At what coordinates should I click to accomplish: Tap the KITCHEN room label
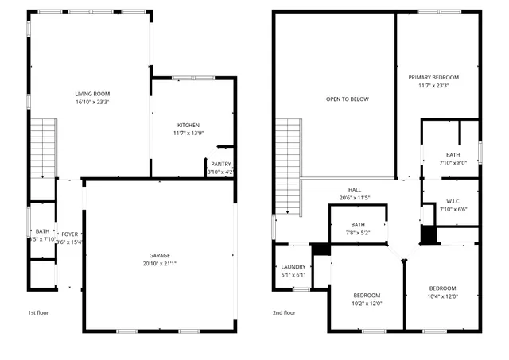coord(188,125)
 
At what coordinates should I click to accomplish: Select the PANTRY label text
coord(221,164)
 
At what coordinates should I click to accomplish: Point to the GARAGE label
coord(160,255)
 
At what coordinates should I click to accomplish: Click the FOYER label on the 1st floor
coord(70,234)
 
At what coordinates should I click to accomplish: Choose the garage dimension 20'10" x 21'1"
coord(160,264)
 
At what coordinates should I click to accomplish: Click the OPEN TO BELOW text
coord(348,99)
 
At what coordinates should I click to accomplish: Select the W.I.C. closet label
coord(453,201)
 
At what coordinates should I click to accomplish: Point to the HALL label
coord(355,189)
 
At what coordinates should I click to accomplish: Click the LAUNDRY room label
coord(293,267)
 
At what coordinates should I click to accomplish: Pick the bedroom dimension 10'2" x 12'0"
coord(367,303)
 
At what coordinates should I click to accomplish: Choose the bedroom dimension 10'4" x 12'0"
coord(442,296)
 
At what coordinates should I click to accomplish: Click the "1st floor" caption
coord(38,312)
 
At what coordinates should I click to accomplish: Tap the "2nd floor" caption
coord(284,312)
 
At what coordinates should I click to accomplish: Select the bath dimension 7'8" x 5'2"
coord(358,233)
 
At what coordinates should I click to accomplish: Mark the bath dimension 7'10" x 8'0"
coord(453,163)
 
